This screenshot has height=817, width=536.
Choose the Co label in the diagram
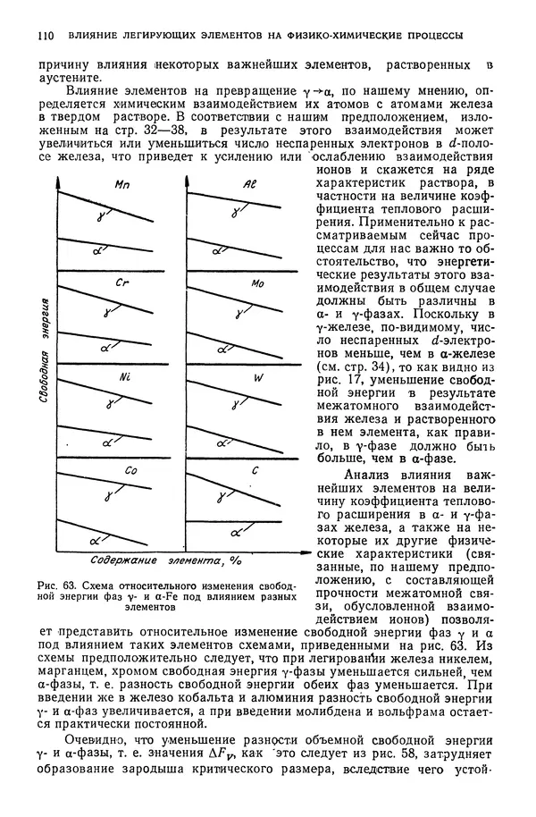pos(130,469)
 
